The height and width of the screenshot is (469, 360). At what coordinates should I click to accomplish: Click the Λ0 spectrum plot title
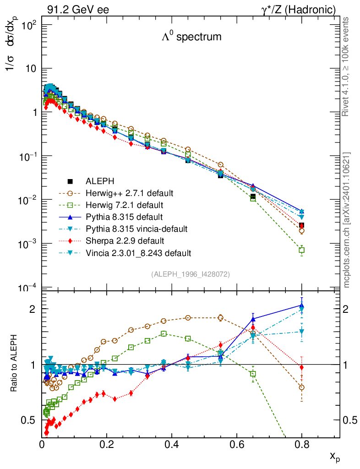point(191,37)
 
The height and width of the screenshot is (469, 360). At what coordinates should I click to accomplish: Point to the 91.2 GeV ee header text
point(78,10)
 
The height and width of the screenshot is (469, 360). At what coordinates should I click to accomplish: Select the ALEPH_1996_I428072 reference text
point(190,274)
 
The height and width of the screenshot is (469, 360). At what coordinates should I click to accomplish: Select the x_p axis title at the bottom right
point(334,456)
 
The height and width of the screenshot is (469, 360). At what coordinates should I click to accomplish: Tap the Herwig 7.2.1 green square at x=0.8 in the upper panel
point(301,250)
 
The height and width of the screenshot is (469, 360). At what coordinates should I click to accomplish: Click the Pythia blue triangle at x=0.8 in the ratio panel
point(301,305)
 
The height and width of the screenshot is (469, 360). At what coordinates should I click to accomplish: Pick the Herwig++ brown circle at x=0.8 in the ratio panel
point(301,387)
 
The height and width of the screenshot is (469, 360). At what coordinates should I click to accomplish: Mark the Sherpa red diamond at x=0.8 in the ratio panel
point(301,367)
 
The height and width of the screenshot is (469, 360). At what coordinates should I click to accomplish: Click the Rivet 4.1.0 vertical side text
point(347,66)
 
